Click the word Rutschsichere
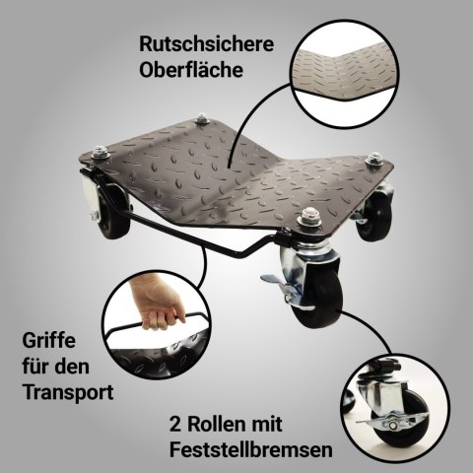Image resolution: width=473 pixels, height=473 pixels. [x=206, y=44]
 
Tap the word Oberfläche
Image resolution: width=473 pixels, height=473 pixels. [x=191, y=70]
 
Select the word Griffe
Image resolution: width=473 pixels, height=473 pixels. [x=49, y=341]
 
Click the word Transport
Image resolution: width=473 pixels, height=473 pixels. [x=68, y=391]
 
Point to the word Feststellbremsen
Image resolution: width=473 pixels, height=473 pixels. [x=251, y=449]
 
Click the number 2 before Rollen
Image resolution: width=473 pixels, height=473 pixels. [x=175, y=424]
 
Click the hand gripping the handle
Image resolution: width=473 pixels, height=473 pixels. [x=158, y=303]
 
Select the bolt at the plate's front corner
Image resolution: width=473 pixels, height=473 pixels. [x=308, y=217]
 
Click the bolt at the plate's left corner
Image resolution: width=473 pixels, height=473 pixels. [x=101, y=152]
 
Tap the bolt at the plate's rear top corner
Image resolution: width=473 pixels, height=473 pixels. [x=202, y=118]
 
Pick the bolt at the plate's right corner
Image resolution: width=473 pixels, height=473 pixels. [x=374, y=160]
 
